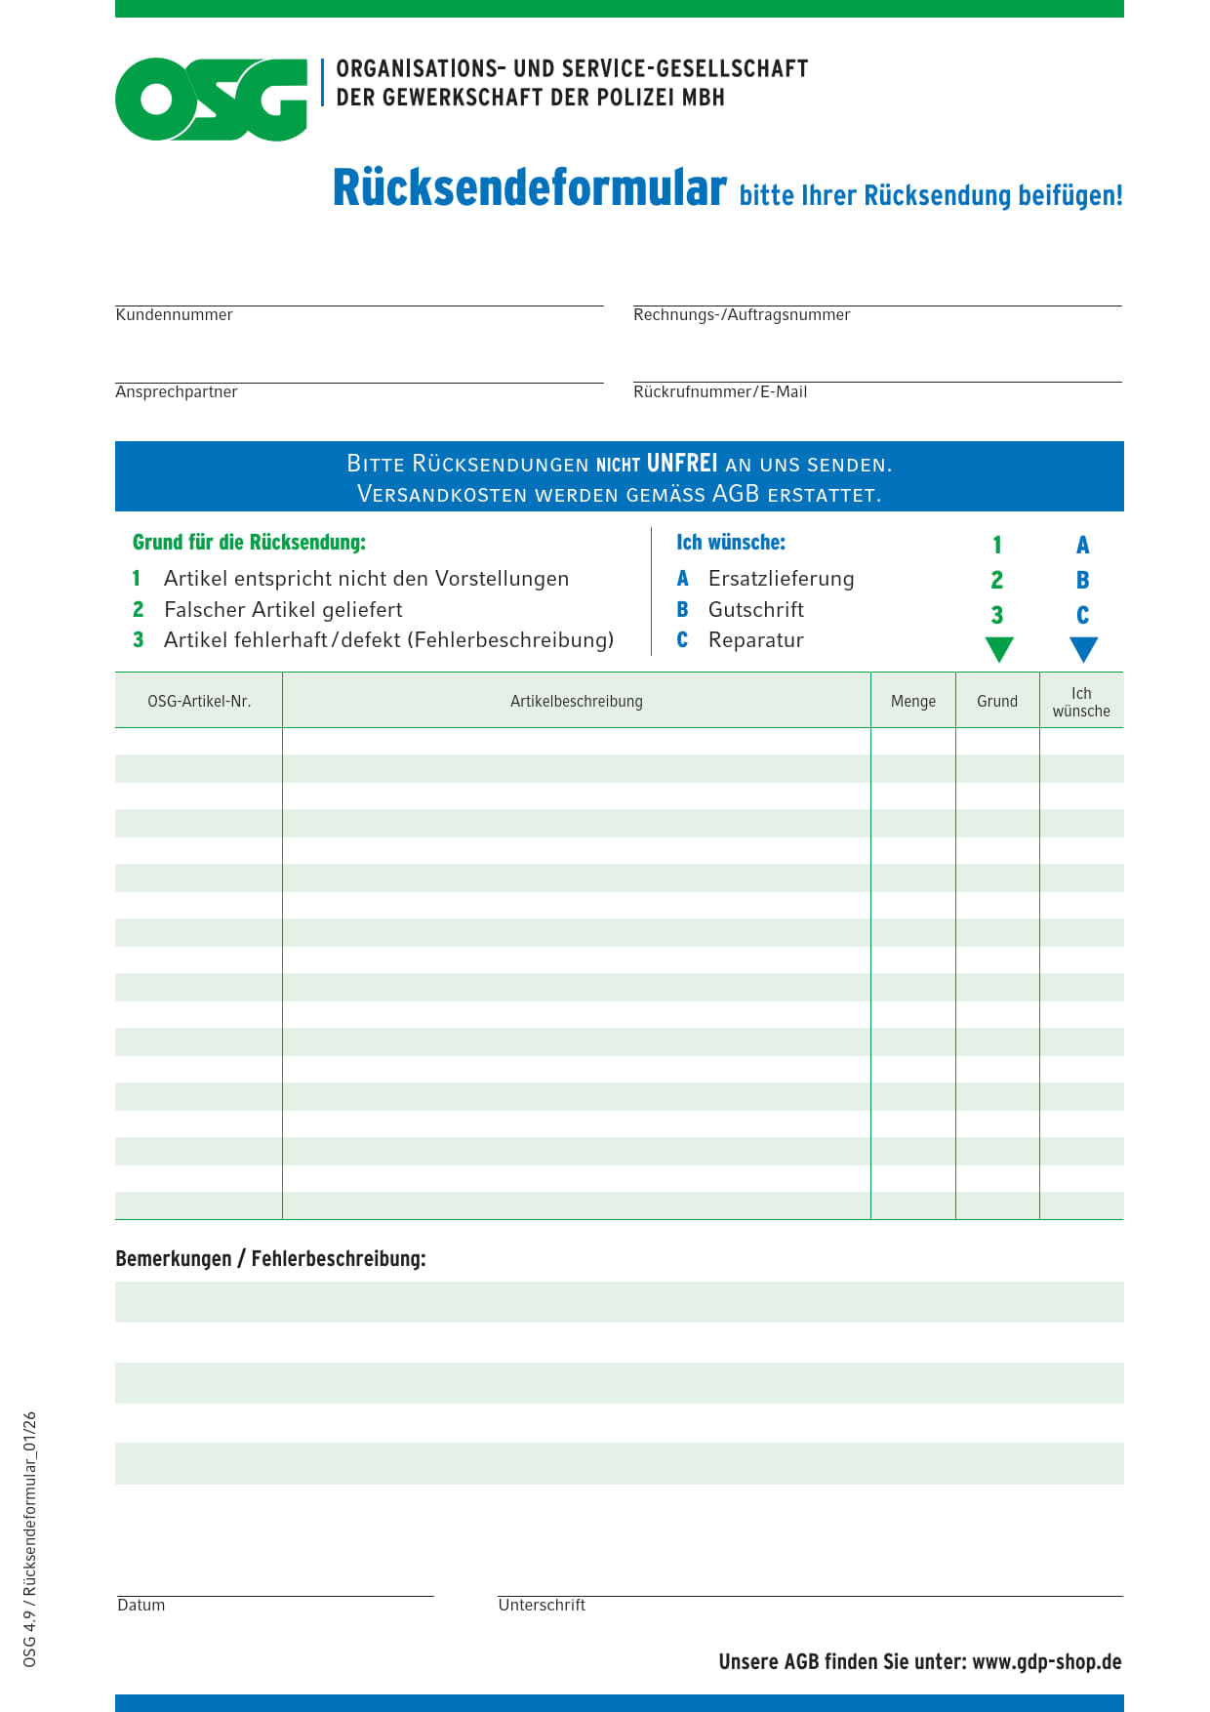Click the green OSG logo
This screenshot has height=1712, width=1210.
coord(211,99)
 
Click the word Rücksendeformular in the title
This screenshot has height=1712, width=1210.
coord(529,187)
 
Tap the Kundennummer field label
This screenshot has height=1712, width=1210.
coord(174,314)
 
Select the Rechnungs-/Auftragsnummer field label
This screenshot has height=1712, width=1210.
coord(742,314)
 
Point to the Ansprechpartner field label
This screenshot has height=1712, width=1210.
coord(177,391)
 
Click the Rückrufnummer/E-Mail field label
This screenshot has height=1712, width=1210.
coord(720,391)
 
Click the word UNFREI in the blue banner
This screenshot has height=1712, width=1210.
coord(681,463)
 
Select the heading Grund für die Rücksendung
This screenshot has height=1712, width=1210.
coord(249,542)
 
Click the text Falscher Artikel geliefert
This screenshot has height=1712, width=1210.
coord(283,609)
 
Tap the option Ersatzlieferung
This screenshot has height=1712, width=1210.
coord(781,578)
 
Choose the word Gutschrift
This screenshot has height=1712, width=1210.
coord(756,609)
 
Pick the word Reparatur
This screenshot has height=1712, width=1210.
coord(756,640)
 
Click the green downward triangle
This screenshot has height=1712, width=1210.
coord(999,649)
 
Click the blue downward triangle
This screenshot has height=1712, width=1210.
coord(1083,649)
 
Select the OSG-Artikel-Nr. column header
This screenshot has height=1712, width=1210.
coord(199,701)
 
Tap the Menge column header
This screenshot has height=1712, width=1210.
coord(913,701)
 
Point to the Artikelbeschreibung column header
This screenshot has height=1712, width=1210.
coord(577,701)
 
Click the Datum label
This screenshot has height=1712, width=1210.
coord(141,1605)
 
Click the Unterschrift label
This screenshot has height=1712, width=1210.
coord(542,1605)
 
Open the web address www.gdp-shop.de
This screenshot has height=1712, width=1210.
coord(1047,1661)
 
